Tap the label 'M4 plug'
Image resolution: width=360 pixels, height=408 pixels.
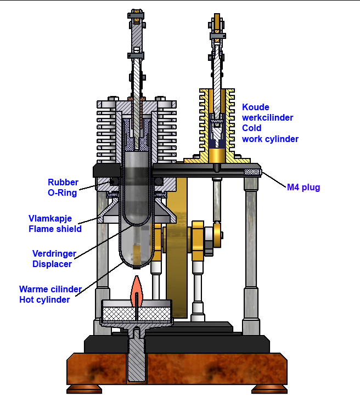(x=303, y=188)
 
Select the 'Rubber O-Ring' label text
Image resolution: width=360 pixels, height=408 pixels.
(x=63, y=188)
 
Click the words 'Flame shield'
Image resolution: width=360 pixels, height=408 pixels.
(x=55, y=229)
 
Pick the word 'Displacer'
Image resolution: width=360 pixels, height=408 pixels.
(x=52, y=264)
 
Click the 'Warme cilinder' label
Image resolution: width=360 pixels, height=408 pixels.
(x=50, y=289)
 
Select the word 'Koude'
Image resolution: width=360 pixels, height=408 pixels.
(x=256, y=107)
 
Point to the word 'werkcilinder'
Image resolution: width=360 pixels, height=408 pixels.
(x=268, y=118)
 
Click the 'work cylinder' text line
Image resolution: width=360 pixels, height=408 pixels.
(x=271, y=139)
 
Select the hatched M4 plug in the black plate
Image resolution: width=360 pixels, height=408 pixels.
(x=252, y=172)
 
